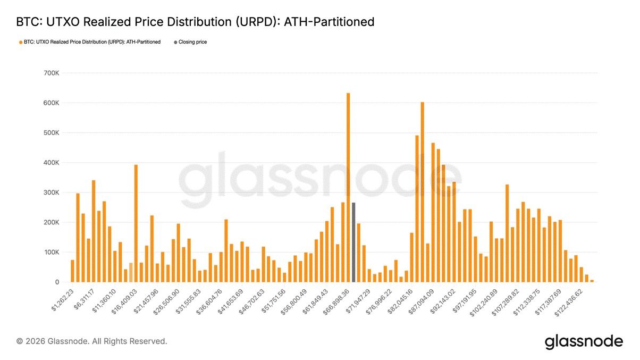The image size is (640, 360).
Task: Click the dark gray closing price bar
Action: (353, 242)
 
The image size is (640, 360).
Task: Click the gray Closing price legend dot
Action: (175, 42)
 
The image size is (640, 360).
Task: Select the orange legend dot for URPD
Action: (20, 42)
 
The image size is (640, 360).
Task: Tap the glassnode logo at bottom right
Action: (583, 341)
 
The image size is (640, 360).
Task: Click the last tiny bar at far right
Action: (592, 280)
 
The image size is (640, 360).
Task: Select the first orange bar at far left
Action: (72, 271)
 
